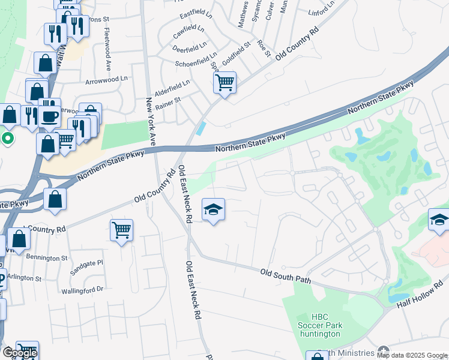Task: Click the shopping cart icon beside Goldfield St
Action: pos(224,82)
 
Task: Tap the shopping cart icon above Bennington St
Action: pos(121,230)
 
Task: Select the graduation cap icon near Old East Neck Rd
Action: pos(213,210)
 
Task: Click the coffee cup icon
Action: pos(50,116)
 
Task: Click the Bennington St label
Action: pos(47,258)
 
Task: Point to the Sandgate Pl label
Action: pos(88,263)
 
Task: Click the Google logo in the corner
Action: pos(20,353)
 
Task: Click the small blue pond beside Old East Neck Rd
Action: pos(200,128)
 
